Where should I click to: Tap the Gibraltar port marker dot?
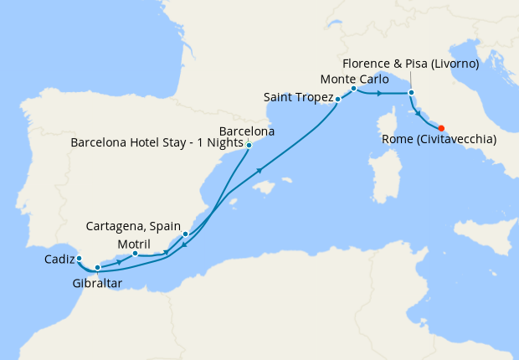(98, 268)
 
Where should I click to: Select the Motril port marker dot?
(136, 253)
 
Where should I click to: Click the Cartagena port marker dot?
(185, 234)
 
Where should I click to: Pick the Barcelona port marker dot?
(249, 145)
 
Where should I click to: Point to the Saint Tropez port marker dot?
(337, 100)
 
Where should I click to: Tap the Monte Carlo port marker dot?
(354, 88)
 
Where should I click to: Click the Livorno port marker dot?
(411, 91)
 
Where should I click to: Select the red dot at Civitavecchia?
(441, 127)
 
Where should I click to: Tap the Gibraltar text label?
(96, 284)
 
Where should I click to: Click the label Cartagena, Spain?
(133, 226)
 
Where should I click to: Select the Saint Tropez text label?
(296, 97)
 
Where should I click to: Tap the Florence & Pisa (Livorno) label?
(411, 64)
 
